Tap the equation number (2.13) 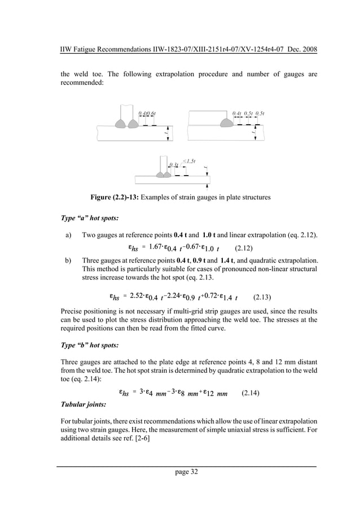[x=262, y=296]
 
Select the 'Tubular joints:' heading [x=86, y=405]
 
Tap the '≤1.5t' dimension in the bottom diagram [x=189, y=161]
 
